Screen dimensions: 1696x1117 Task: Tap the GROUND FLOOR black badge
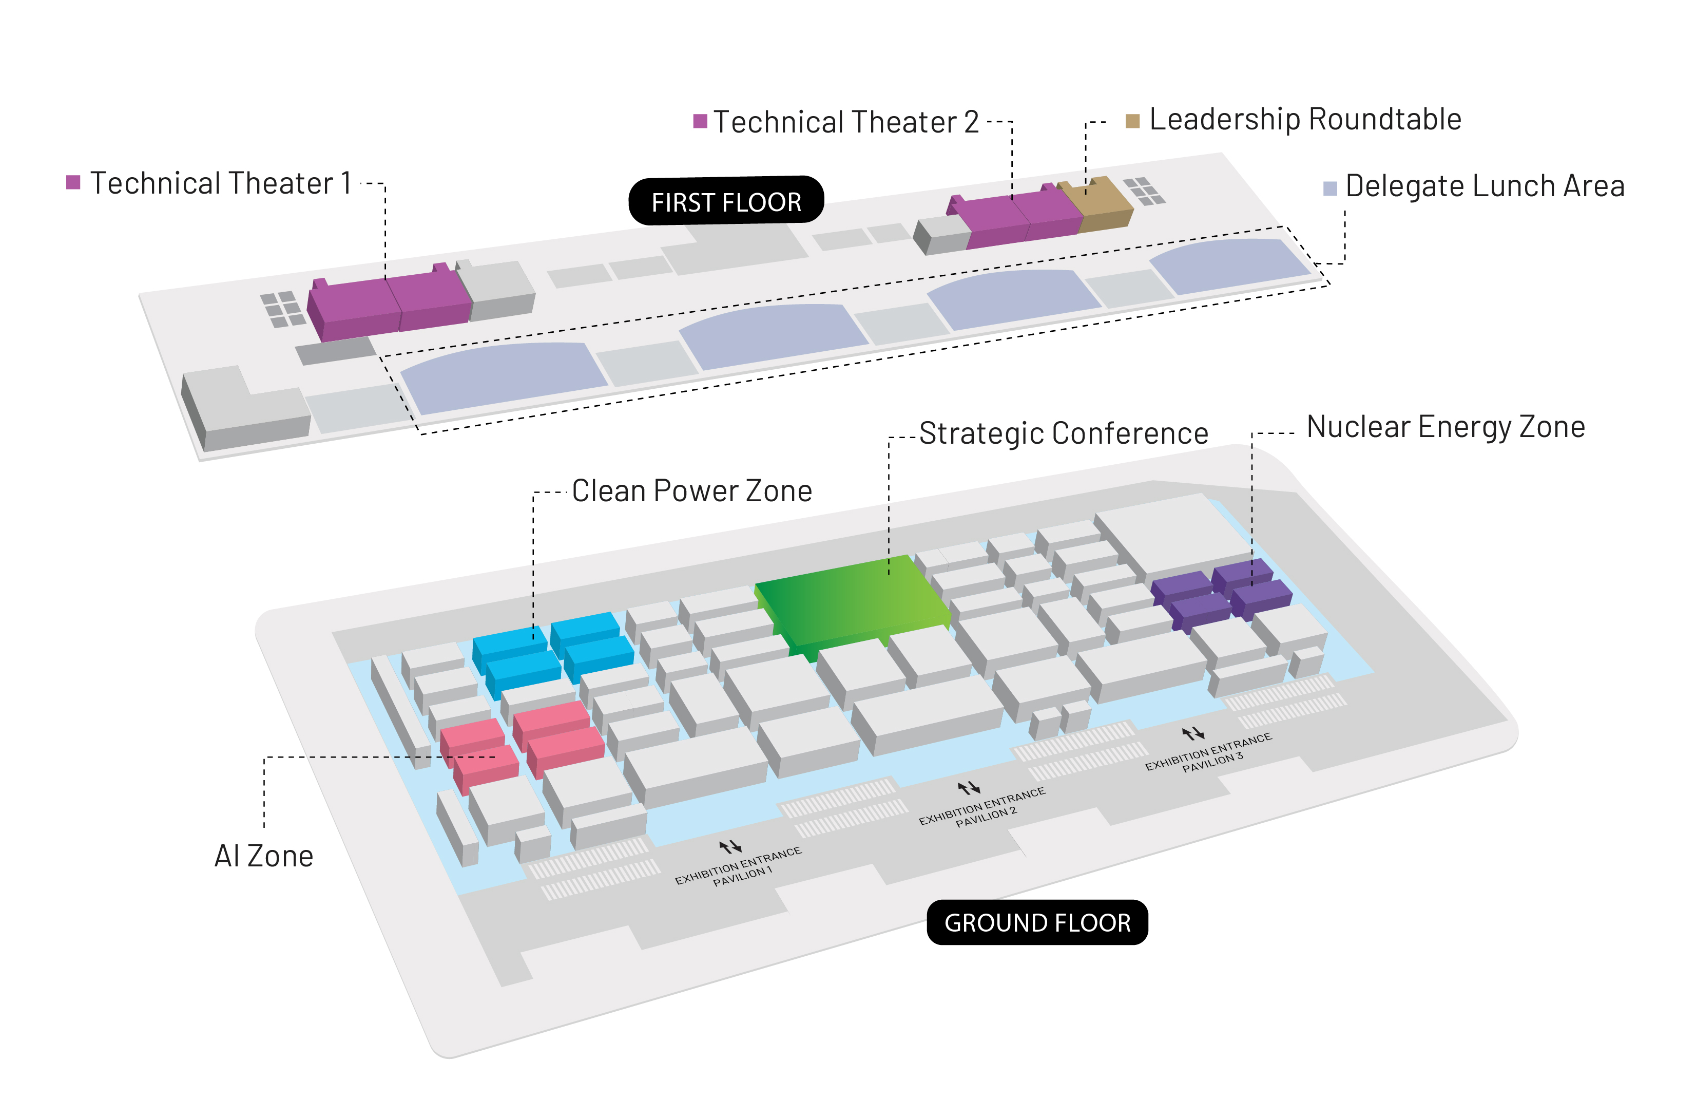click(x=1037, y=922)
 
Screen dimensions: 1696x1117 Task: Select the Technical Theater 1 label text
click(x=221, y=183)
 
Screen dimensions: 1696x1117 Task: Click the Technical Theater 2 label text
click(x=846, y=122)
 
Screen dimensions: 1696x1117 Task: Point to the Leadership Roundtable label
click(x=1305, y=119)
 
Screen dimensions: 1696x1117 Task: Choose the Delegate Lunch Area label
click(x=1485, y=186)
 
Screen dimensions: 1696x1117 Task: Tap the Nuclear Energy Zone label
click(x=1446, y=427)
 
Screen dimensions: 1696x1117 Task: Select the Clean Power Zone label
click(x=692, y=491)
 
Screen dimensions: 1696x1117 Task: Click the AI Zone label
click(x=264, y=856)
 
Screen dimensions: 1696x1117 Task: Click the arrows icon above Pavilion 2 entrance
click(x=969, y=788)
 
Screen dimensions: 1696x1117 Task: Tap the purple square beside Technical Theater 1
click(x=73, y=182)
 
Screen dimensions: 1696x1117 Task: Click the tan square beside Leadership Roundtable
click(x=1132, y=121)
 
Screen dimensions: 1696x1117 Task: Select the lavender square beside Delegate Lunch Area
click(x=1329, y=188)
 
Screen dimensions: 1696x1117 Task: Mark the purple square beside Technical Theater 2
click(x=701, y=121)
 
